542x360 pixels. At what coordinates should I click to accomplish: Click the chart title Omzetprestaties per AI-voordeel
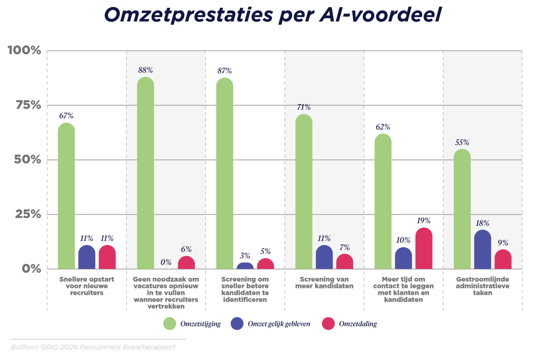pos(272,15)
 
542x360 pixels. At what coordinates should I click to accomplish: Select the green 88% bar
pos(145,173)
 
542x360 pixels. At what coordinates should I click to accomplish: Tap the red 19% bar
pos(424,249)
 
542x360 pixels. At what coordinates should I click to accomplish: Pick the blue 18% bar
pos(483,250)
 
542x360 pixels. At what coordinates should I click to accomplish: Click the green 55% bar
pos(462,209)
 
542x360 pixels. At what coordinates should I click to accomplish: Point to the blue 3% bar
pos(245,266)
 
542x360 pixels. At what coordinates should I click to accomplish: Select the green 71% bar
pos(304,192)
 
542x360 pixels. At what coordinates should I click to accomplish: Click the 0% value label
pos(166,262)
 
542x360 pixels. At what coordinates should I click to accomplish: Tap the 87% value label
pos(224,71)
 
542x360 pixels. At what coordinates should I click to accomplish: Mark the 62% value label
pos(383,127)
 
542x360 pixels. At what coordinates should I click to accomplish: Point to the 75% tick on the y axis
pos(28,105)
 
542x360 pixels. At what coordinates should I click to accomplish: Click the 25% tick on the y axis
pos(28,214)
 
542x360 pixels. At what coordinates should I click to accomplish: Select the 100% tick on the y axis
pos(24,50)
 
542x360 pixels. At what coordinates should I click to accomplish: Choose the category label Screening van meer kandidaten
pos(324,283)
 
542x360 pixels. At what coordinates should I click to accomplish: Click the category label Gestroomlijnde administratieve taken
pos(483,286)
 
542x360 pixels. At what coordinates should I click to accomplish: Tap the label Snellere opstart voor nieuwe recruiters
pos(87,286)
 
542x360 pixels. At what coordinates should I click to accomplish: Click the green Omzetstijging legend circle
pos(170,323)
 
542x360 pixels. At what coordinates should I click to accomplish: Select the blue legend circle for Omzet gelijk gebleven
pos(237,323)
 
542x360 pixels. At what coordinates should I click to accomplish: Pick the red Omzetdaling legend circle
pos(328,323)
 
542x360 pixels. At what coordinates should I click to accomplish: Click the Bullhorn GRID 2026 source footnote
pos(93,347)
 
